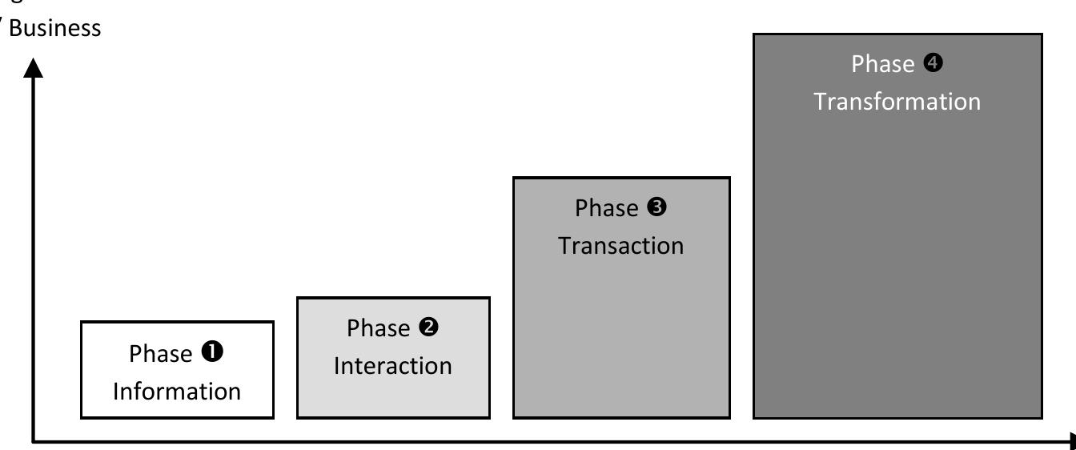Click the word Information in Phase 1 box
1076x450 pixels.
[177, 392]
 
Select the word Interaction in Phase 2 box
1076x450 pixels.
[392, 366]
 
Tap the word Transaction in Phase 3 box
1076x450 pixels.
[620, 245]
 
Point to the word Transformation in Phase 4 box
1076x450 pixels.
[897, 102]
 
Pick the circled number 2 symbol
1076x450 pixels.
[430, 327]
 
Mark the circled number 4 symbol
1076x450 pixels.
[933, 64]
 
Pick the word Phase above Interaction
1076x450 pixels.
[377, 328]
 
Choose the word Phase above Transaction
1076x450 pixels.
[604, 208]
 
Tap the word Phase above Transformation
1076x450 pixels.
[881, 65]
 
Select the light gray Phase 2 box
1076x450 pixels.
[392, 396]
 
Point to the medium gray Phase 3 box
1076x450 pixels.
[620, 336]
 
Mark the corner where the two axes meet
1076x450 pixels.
[34, 440]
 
